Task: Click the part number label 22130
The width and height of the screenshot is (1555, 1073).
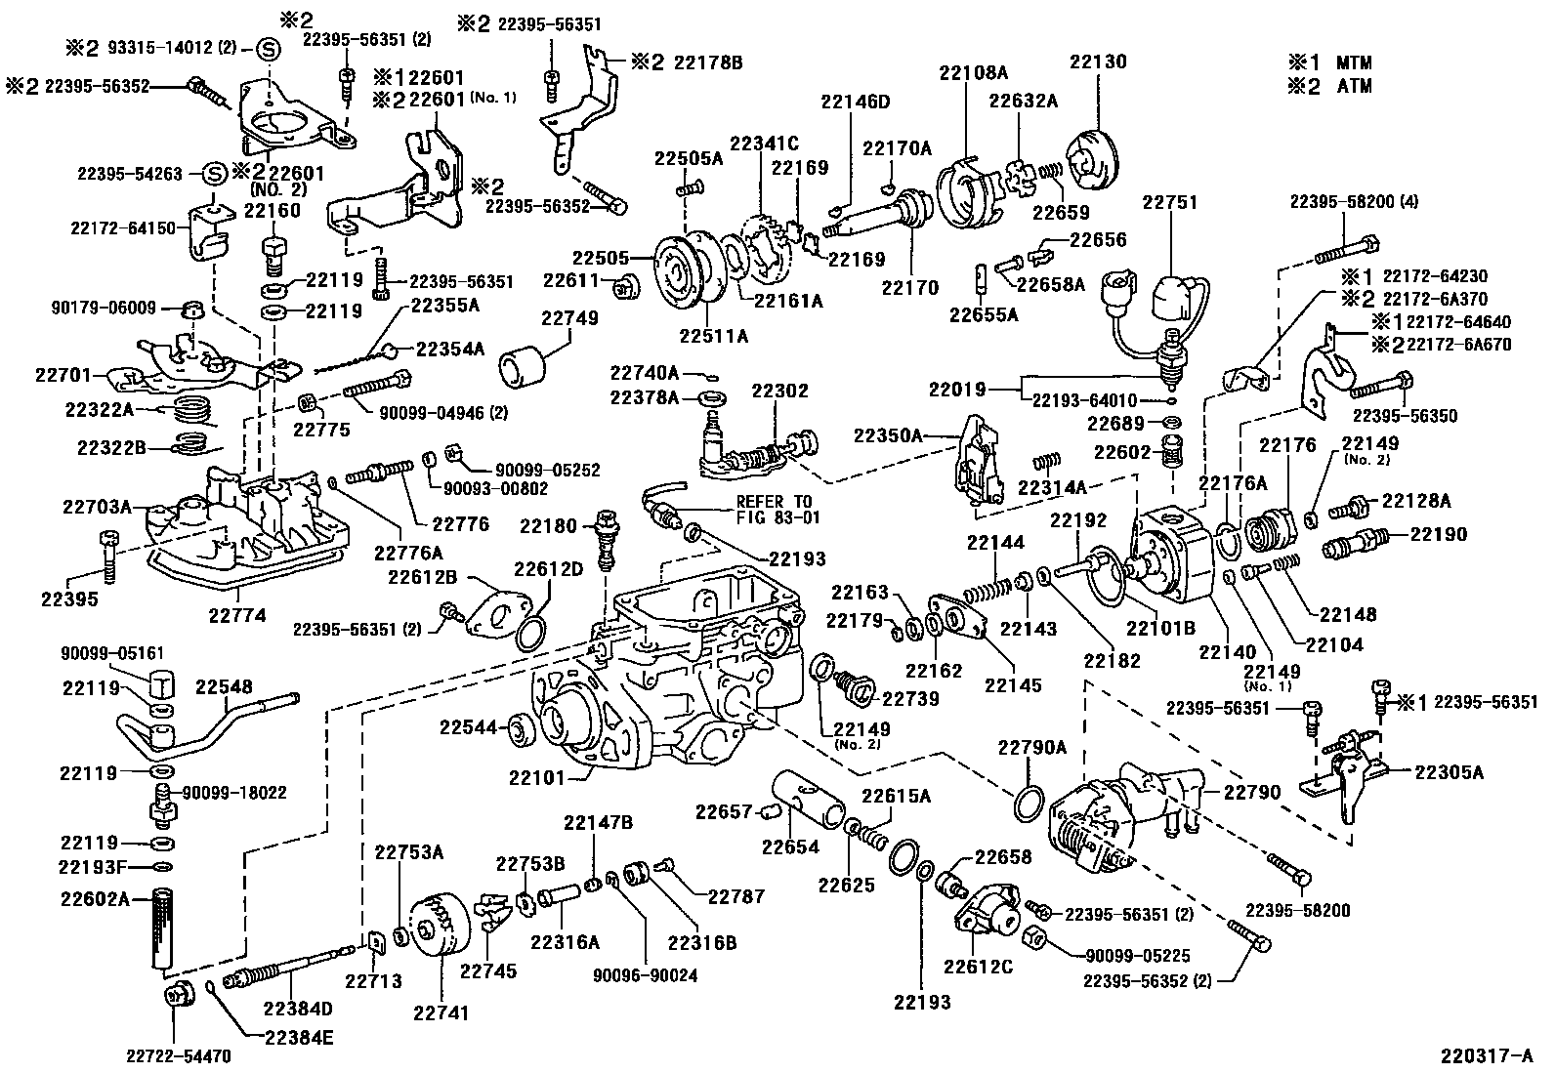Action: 1097,62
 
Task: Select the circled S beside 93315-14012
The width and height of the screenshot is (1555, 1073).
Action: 268,49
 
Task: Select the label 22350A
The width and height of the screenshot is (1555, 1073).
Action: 887,434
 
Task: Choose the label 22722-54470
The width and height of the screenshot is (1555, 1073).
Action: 177,1055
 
